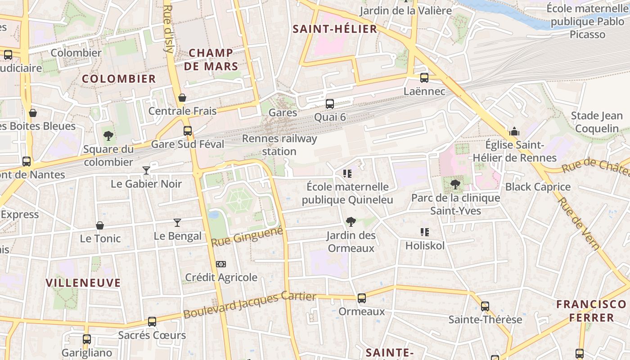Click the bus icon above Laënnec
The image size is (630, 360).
click(x=424, y=77)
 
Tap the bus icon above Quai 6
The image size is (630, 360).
click(x=330, y=103)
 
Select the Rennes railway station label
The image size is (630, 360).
click(x=279, y=145)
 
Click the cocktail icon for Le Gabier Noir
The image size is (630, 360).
click(x=146, y=170)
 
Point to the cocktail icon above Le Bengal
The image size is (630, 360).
click(x=177, y=222)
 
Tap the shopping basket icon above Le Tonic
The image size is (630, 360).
click(x=100, y=225)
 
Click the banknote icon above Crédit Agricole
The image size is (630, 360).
click(x=220, y=264)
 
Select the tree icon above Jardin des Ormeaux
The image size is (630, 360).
click(x=351, y=221)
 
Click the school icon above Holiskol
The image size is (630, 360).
click(x=424, y=232)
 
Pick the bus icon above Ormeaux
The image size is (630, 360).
click(x=361, y=298)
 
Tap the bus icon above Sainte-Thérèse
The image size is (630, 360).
click(x=485, y=306)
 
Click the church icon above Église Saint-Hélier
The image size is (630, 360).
click(x=514, y=131)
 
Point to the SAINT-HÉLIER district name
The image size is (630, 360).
click(x=335, y=29)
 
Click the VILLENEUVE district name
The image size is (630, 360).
click(x=83, y=283)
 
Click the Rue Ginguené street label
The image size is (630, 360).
click(x=247, y=237)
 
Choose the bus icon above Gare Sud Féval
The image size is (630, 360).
click(x=187, y=131)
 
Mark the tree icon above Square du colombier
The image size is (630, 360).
click(x=108, y=135)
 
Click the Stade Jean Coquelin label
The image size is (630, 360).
click(x=597, y=122)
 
